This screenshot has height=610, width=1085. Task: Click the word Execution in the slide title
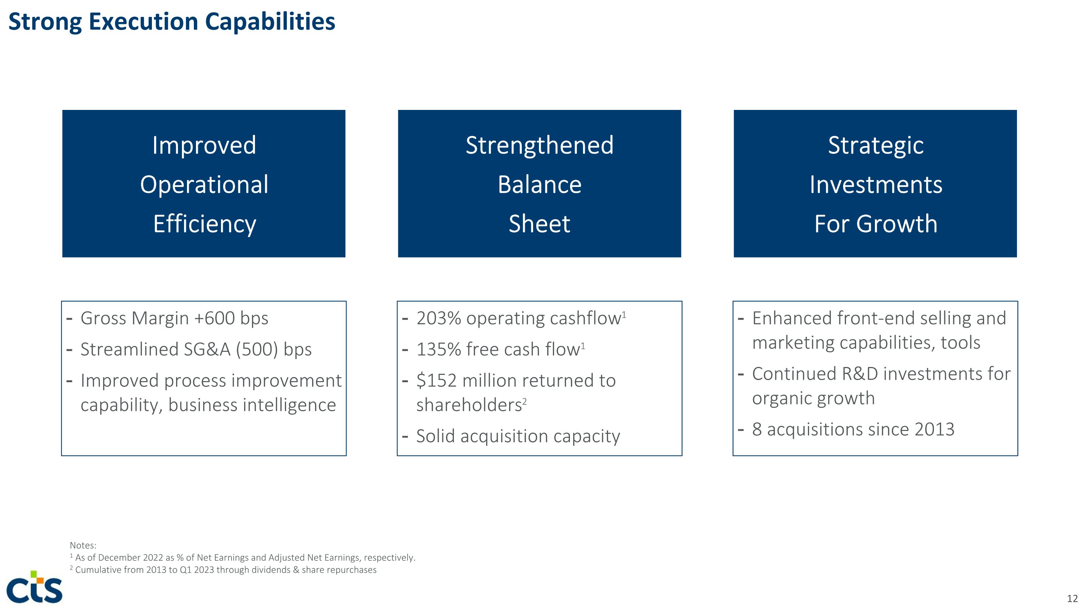click(144, 22)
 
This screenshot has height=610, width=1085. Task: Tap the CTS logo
click(34, 587)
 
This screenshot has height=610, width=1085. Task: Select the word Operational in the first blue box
click(204, 184)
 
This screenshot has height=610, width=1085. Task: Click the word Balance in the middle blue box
click(539, 184)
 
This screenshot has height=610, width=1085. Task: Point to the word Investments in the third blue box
click(875, 184)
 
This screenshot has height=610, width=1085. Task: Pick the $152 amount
click(437, 380)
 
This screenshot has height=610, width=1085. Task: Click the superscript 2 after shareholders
click(525, 401)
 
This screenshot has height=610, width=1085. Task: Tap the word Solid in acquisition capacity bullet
click(435, 436)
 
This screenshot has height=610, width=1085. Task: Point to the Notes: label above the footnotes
click(83, 546)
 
